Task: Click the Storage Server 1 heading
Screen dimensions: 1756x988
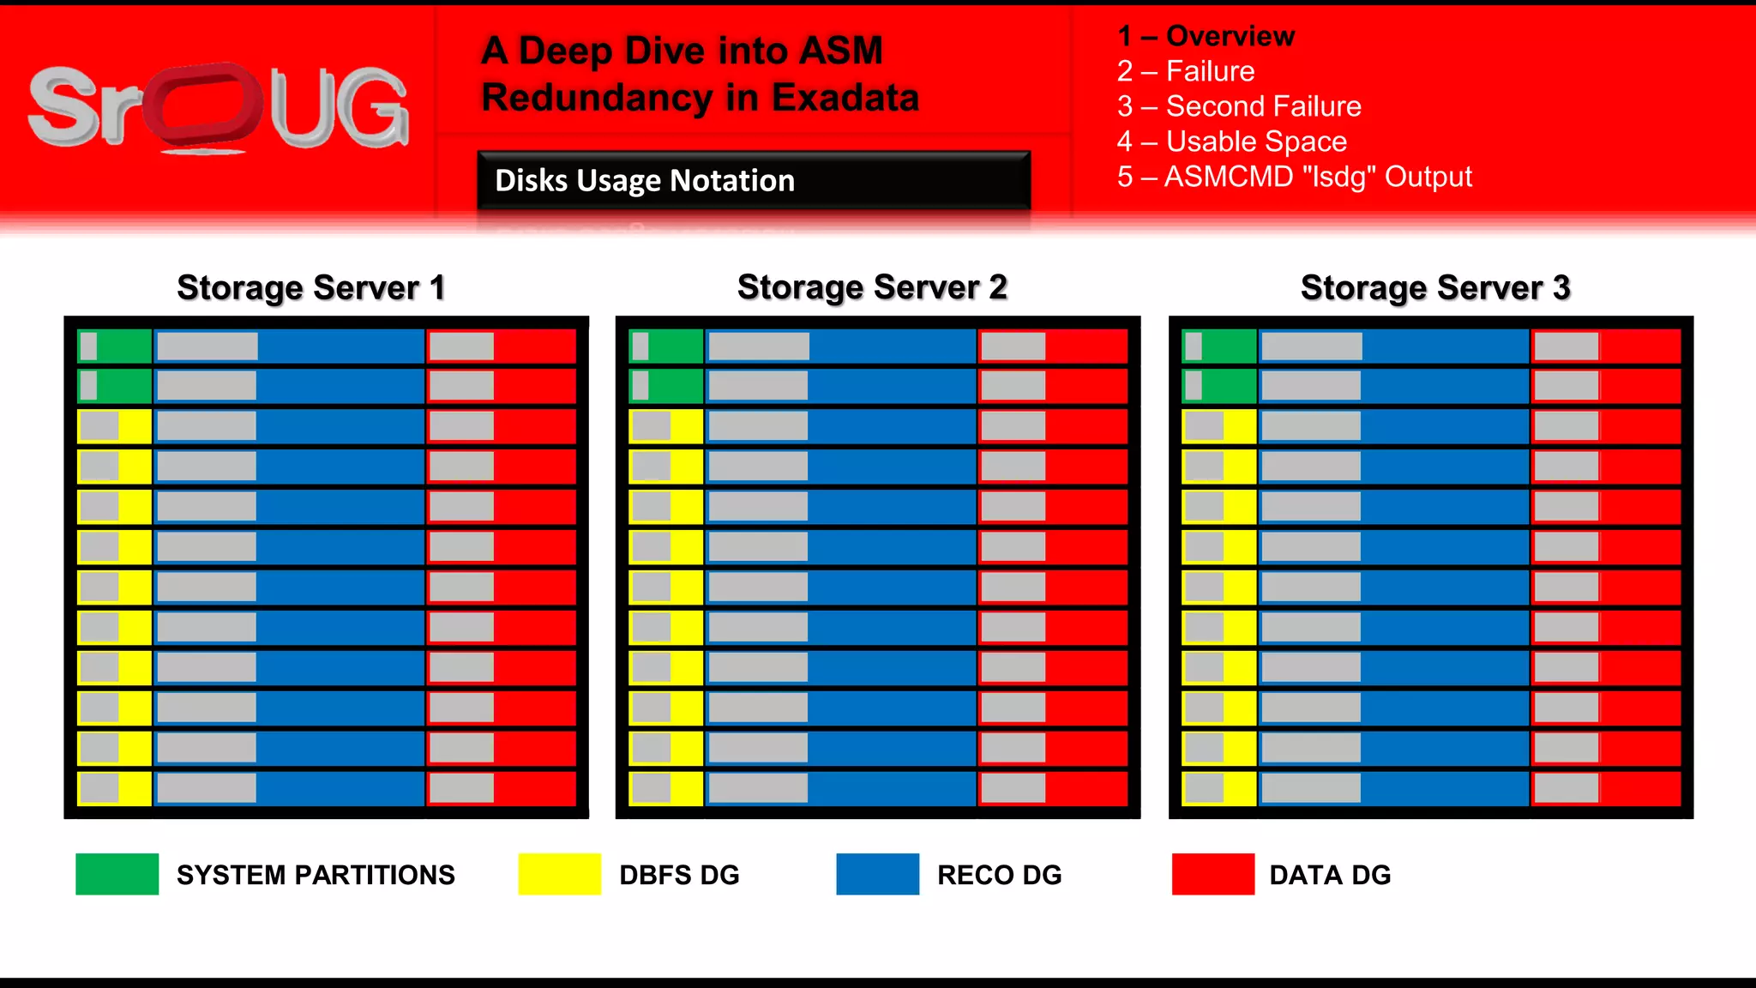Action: [311, 288]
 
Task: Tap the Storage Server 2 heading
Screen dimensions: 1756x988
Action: [872, 287]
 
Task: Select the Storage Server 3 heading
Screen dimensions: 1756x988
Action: [1435, 288]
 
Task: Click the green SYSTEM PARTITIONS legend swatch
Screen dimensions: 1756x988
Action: [117, 874]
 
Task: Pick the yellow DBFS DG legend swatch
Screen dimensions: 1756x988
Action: [559, 874]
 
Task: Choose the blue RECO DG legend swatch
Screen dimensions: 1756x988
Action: [877, 874]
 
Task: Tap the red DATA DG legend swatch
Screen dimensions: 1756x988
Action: [1212, 874]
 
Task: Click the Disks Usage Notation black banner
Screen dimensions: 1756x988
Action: [753, 180]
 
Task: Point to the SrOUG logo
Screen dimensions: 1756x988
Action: [219, 107]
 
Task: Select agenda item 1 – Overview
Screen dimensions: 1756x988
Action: [1206, 36]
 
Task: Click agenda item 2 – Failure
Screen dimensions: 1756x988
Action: [1186, 71]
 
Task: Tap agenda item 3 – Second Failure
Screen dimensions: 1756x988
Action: [1239, 106]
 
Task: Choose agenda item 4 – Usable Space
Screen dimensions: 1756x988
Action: [1231, 142]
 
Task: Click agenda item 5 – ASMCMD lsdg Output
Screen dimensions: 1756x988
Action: [1294, 177]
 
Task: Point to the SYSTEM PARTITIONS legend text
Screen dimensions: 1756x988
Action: [316, 875]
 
